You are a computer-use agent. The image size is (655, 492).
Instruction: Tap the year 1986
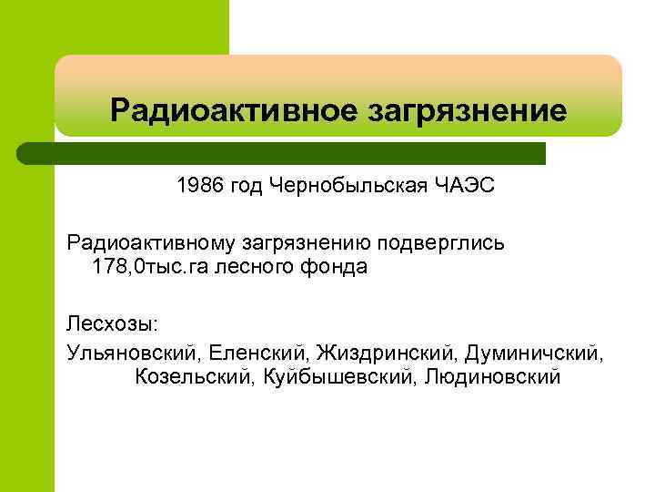pos(199,187)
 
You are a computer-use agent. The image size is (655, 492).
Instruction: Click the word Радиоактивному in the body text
pos(151,243)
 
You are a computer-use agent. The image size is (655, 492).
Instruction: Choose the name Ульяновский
pos(132,351)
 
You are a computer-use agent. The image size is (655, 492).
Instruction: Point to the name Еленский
pos(251,351)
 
